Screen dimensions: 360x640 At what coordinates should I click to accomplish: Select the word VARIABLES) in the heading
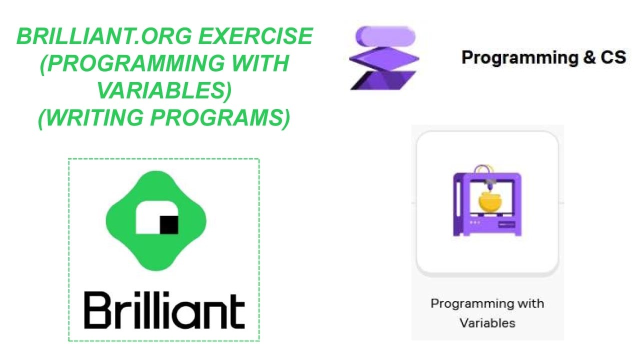pyautogui.click(x=164, y=90)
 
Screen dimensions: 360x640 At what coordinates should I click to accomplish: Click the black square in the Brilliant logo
pyautogui.click(x=169, y=225)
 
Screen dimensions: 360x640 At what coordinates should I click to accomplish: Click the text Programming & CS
pyautogui.click(x=543, y=57)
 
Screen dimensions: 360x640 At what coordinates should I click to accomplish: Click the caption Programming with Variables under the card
pyautogui.click(x=487, y=313)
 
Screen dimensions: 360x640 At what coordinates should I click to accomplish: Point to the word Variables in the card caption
pyautogui.click(x=487, y=323)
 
